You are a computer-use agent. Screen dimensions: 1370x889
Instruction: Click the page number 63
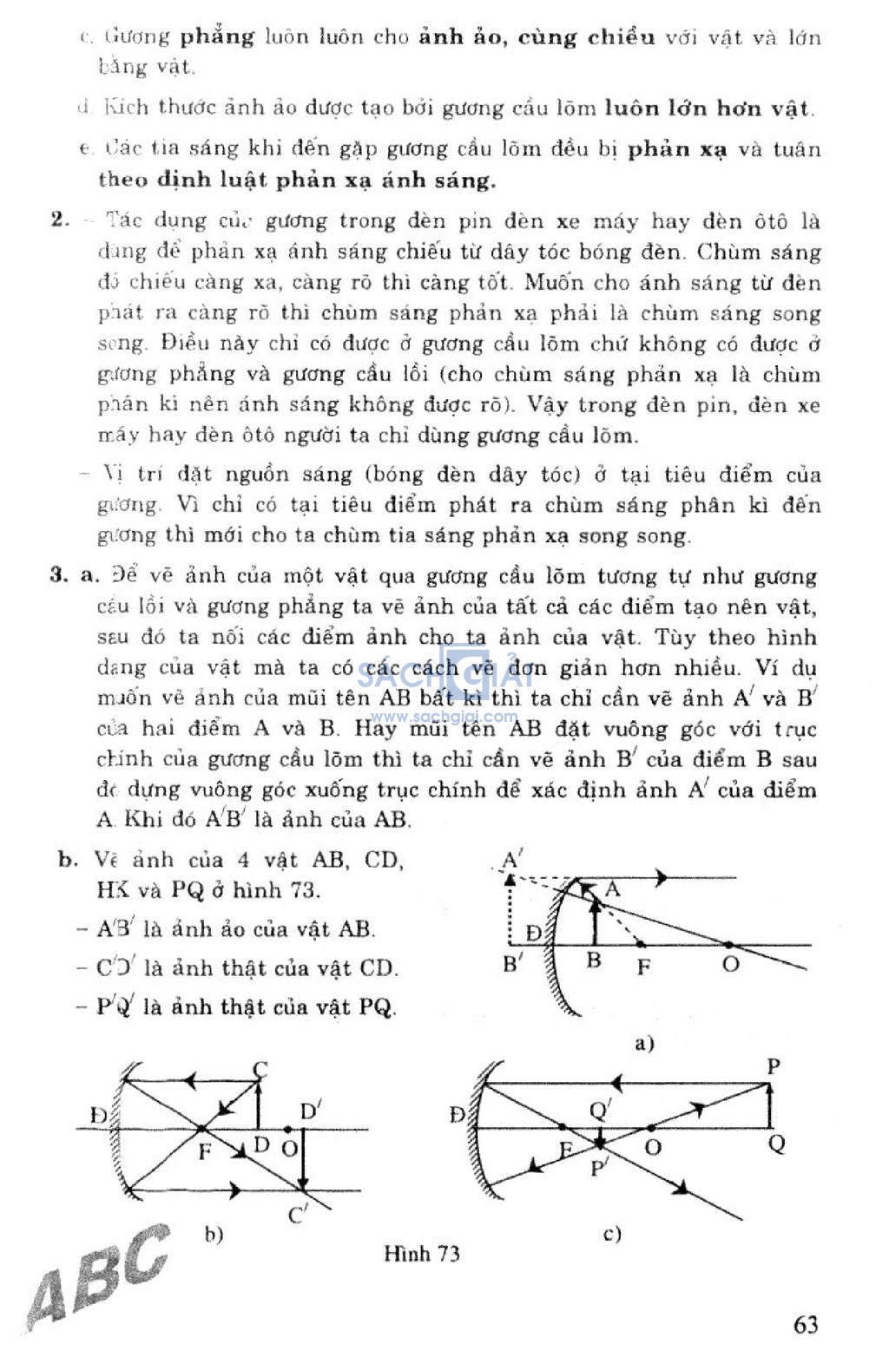pos(805,1325)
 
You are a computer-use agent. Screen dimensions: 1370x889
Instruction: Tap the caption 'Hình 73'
pos(421,1254)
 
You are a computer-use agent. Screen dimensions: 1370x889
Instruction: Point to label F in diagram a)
pos(643,966)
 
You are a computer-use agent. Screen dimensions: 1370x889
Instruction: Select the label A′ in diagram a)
pos(512,861)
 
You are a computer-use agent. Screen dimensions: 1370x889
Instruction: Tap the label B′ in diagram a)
pos(513,963)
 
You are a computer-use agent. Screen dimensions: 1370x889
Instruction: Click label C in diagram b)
pos(260,1069)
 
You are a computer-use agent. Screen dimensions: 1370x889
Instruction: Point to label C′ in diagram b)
pos(298,1216)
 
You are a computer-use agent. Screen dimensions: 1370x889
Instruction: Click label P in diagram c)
pos(774,1066)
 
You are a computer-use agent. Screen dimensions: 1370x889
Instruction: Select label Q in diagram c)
pos(776,1144)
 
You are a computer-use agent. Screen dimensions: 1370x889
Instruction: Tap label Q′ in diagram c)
pos(600,1110)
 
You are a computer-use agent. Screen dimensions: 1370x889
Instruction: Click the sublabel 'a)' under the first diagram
pos(644,1043)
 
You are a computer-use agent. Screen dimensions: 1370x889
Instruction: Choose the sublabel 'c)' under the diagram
pos(612,1233)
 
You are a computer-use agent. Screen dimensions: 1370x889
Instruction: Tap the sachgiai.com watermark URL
pos(443,717)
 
